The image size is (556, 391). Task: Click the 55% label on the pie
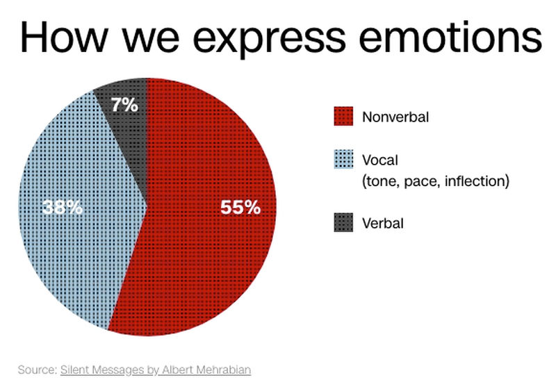click(x=240, y=207)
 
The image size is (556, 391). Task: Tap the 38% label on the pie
click(x=63, y=207)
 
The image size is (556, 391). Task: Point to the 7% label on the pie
click(x=124, y=105)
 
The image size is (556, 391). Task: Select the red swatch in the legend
click(x=343, y=116)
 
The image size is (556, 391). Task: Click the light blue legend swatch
click(x=343, y=159)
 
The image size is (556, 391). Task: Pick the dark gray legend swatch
click(x=343, y=222)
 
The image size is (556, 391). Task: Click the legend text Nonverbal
click(x=395, y=117)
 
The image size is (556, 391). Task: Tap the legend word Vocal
click(x=380, y=160)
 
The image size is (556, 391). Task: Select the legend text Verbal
click(x=383, y=224)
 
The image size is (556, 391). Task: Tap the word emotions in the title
click(x=450, y=38)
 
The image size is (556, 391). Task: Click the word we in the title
click(x=151, y=42)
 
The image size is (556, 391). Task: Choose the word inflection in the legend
click(x=477, y=181)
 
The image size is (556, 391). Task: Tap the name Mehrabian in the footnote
click(x=223, y=369)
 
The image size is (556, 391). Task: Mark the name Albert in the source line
click(x=178, y=369)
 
